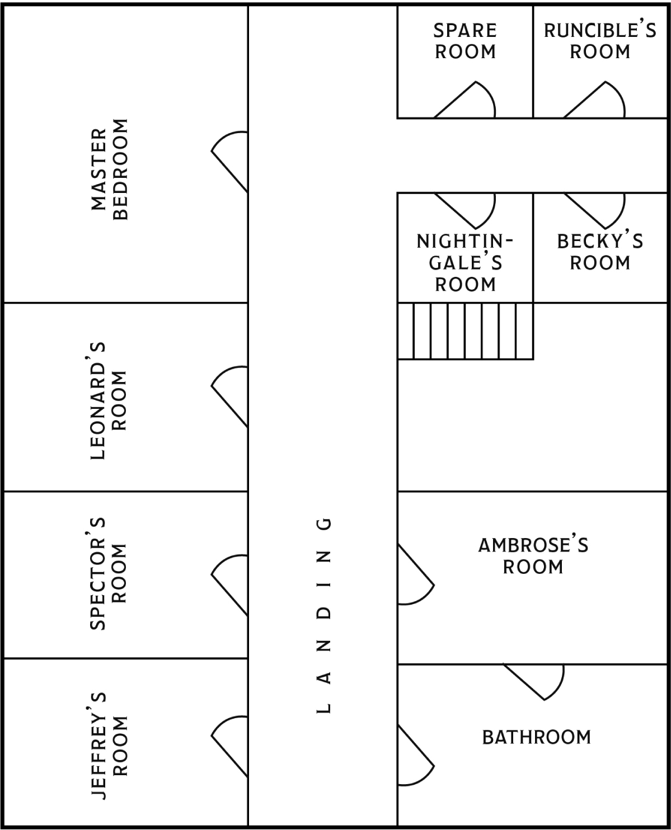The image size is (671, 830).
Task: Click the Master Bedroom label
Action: pyautogui.click(x=109, y=169)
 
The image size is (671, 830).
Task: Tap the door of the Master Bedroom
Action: pyautogui.click(x=229, y=162)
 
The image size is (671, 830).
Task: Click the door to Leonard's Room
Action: pyautogui.click(x=229, y=397)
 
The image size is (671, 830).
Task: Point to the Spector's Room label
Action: pyautogui.click(x=109, y=574)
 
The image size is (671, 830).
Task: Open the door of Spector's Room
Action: pyautogui.click(x=229, y=585)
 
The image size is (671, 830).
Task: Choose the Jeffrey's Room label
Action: pyautogui.click(x=109, y=746)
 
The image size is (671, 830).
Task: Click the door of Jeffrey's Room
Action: pyautogui.click(x=229, y=747)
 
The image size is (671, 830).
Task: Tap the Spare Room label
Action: pyautogui.click(x=465, y=41)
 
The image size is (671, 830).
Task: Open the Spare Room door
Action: pyautogui.click(x=464, y=100)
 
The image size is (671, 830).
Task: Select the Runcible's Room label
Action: pyautogui.click(x=600, y=41)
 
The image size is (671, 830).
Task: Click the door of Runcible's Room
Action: pyautogui.click(x=594, y=100)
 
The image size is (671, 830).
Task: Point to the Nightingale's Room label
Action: pyautogui.click(x=465, y=263)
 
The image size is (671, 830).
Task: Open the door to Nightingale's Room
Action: pyautogui.click(x=464, y=210)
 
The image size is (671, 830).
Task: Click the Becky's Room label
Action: pyautogui.click(x=600, y=252)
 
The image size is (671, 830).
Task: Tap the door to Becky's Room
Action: pyautogui.click(x=594, y=210)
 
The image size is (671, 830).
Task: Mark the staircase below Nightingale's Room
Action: pyautogui.click(x=465, y=331)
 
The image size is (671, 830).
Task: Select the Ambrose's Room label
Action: pyautogui.click(x=533, y=556)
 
